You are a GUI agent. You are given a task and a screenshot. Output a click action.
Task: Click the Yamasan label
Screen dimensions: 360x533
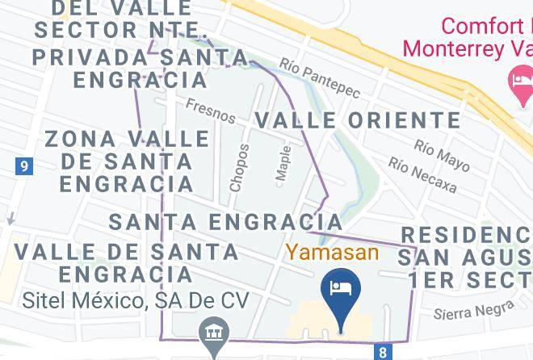point(332,252)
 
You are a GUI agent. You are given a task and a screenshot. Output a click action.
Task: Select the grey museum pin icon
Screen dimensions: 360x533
point(214,333)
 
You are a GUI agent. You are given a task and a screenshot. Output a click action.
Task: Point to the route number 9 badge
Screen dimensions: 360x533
point(25,166)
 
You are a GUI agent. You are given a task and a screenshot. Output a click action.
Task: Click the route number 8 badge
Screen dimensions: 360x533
point(383,352)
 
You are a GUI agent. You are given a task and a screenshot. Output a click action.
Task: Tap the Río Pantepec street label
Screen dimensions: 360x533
point(320,78)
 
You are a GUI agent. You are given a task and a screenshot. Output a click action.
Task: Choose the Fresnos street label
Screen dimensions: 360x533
point(211,111)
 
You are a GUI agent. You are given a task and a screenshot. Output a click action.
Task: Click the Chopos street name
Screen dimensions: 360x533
point(239,167)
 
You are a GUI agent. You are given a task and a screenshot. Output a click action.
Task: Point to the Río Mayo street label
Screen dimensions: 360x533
point(442,156)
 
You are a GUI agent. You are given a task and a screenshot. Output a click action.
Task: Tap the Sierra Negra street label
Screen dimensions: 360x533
point(473,311)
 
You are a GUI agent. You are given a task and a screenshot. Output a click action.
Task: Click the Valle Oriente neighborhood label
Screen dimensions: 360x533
point(358,120)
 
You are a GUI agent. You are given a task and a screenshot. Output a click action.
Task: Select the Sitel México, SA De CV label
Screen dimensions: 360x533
point(135,301)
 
